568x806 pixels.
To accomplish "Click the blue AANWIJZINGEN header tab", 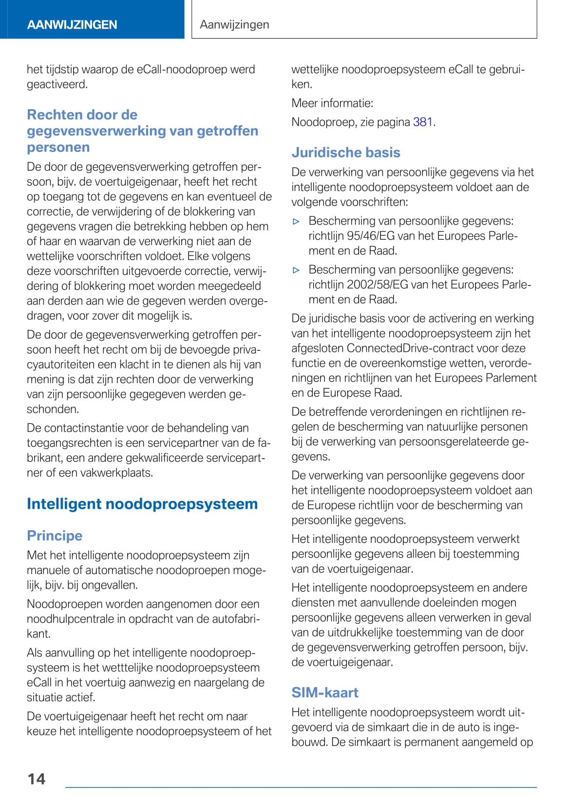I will click(72, 25).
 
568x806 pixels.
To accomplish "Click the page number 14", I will click(37, 779).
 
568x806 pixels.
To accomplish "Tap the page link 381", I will click(423, 122).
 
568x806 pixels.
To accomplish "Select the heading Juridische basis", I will click(346, 153).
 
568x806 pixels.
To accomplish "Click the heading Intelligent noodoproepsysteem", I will click(142, 504).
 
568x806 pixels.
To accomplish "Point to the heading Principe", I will click(55, 536).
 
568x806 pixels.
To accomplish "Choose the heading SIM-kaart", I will click(325, 692).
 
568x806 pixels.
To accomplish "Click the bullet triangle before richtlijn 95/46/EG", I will click(296, 222).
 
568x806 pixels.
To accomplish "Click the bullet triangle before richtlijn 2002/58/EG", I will click(296, 270).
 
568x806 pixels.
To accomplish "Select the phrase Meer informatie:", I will click(332, 103).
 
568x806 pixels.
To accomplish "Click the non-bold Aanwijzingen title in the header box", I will click(234, 24).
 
